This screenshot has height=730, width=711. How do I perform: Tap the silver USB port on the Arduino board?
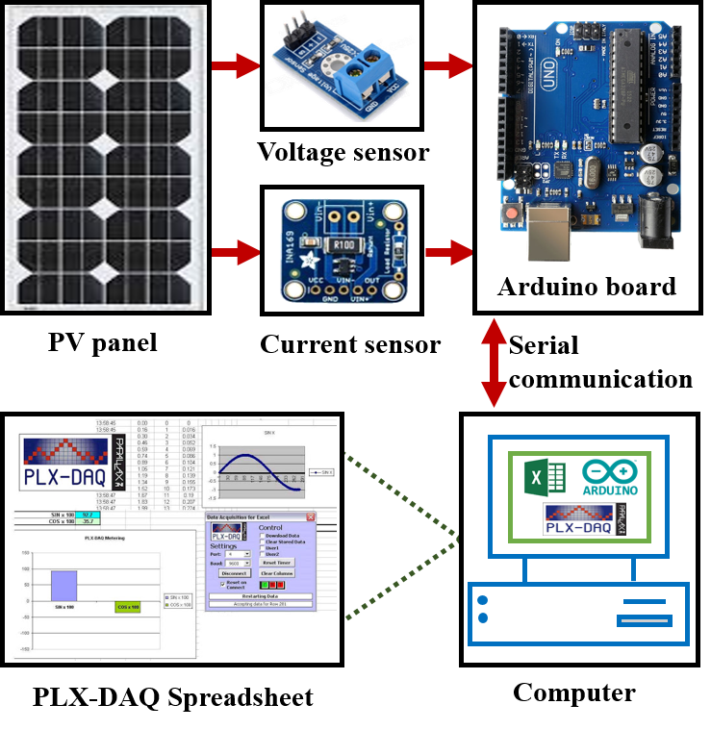coord(550,235)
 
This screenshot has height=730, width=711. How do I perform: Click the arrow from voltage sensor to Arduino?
coord(448,66)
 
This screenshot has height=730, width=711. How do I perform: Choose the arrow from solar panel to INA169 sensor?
coord(236,253)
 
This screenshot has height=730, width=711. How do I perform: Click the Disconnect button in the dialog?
coord(234,572)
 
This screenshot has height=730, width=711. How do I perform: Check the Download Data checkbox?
coord(262,536)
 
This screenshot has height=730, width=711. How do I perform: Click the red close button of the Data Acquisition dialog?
coord(310,517)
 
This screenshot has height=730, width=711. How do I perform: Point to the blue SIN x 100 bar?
coord(63,586)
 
